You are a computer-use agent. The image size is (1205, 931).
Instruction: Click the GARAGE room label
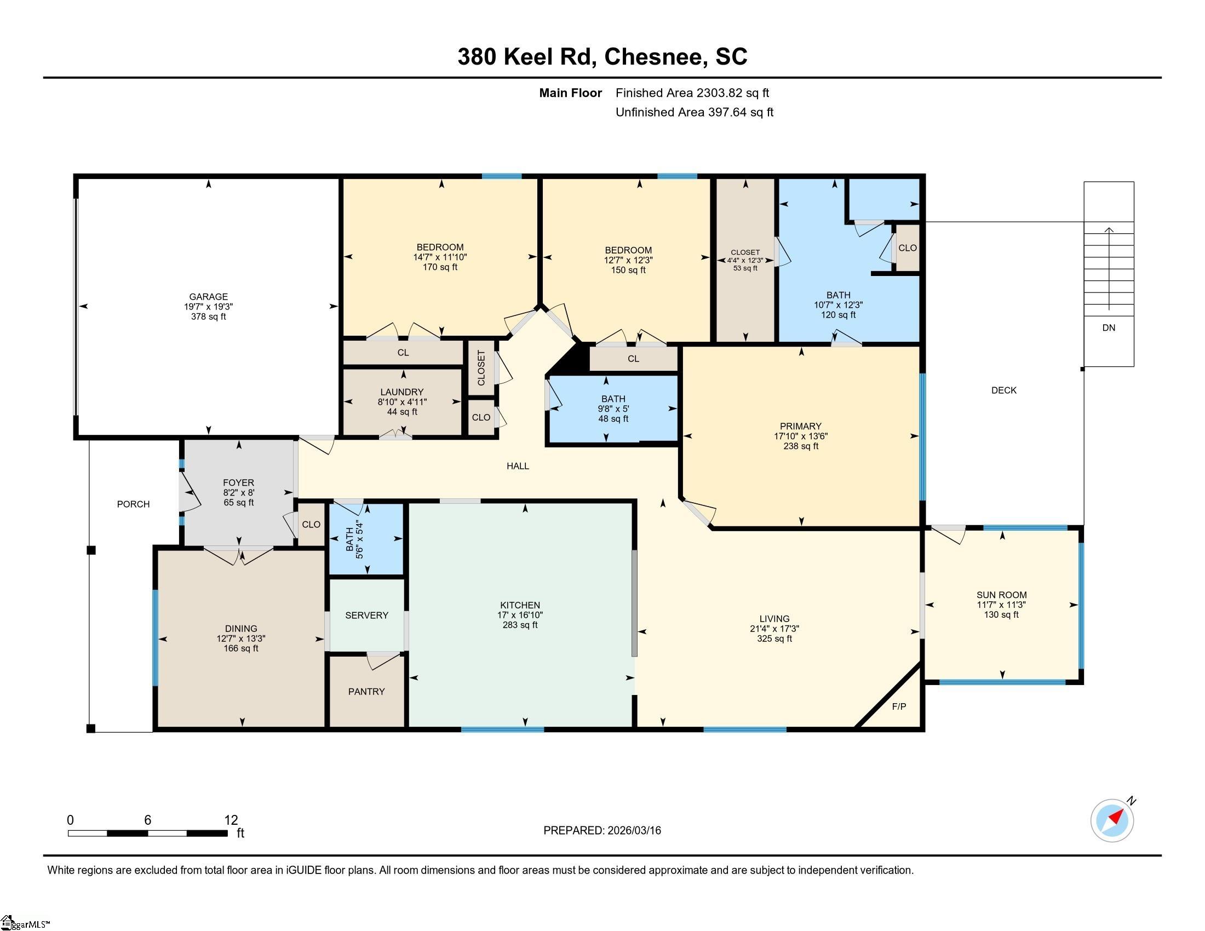pos(209,297)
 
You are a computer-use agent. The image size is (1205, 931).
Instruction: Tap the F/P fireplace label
pos(899,706)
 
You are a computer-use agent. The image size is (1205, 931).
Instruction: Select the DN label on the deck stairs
pos(1109,327)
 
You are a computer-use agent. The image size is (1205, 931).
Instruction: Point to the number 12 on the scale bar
pos(231,820)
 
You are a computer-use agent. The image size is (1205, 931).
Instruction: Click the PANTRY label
pos(366,692)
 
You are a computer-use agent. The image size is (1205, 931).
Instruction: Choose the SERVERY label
pos(367,616)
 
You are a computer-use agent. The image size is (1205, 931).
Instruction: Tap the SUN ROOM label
pos(1001,595)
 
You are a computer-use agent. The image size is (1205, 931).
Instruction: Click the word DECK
pos(1003,390)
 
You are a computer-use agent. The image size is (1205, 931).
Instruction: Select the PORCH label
pos(134,504)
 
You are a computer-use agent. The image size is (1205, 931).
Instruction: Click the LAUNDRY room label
pos(401,392)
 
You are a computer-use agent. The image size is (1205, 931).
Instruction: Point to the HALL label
pos(518,466)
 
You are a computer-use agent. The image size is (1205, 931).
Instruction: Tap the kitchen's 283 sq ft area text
pos(520,625)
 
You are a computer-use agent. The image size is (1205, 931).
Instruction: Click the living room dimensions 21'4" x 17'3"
pos(774,629)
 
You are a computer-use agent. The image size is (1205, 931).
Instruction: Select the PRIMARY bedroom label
pos(801,426)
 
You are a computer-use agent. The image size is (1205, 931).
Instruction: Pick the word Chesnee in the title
pos(656,57)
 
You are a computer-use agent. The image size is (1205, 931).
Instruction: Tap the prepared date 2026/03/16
pos(634,831)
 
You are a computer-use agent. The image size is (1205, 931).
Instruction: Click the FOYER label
pos(238,482)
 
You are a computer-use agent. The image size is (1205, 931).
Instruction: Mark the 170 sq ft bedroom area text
pos(440,267)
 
